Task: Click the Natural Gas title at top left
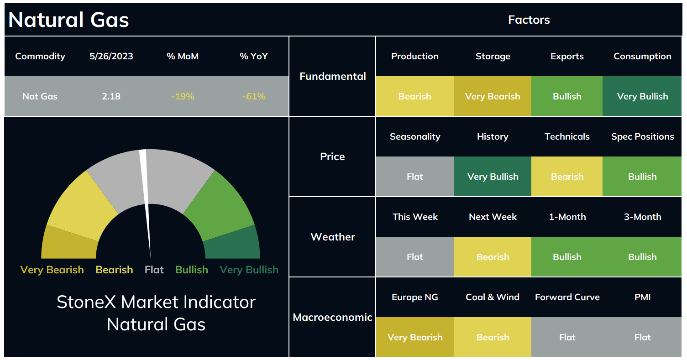coord(68,20)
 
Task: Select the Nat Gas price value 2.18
coord(111,96)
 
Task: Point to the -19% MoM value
coord(183,96)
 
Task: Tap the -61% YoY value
coord(254,96)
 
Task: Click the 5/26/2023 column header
coord(111,56)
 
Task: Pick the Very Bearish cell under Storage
coord(493,96)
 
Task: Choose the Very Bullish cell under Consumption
coord(642,96)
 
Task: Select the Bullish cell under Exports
coord(567,96)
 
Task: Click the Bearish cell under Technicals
coord(567,177)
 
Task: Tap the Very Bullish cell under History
coord(493,177)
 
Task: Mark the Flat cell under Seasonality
coord(414,177)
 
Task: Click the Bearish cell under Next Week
coord(493,257)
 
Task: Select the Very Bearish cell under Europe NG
coord(414,337)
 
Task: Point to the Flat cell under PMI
coord(642,337)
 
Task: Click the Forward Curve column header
coord(567,297)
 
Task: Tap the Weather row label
coord(333,237)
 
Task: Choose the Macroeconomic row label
coord(332,317)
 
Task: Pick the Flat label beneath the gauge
coord(154,270)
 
